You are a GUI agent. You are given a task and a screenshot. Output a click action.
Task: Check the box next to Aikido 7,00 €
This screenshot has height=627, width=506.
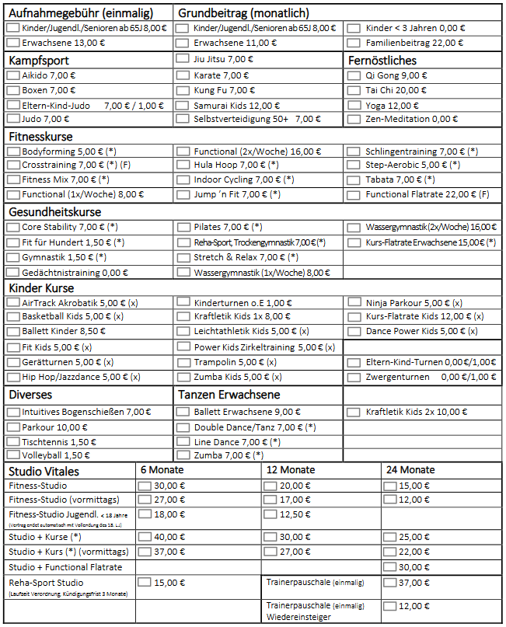point(13,75)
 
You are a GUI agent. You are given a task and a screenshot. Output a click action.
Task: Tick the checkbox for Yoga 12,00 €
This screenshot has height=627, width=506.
point(354,105)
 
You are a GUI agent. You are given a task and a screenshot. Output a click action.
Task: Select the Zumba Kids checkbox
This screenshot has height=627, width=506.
point(183,377)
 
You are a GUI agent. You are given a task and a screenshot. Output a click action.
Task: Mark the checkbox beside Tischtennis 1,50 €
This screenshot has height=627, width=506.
point(13,441)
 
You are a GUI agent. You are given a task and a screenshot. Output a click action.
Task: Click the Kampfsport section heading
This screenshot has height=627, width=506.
point(39,60)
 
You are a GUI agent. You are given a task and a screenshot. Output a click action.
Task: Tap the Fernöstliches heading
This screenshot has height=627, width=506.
point(382,60)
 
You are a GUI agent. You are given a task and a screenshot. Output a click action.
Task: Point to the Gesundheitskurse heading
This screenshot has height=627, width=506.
point(55,212)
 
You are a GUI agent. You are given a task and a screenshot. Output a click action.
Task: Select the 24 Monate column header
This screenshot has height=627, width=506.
point(410,470)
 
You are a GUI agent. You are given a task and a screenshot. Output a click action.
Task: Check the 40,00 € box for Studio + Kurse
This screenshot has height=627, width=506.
point(145,537)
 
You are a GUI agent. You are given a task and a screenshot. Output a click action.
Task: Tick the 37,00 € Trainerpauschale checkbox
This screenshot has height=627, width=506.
point(389,583)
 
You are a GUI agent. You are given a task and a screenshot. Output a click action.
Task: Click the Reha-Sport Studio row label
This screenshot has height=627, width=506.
point(46,583)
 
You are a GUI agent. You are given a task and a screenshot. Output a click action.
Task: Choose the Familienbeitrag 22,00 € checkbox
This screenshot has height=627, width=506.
point(354,43)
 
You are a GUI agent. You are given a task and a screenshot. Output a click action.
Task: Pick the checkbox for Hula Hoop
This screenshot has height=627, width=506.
point(183,165)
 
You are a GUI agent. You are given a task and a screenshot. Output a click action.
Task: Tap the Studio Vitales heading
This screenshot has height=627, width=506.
point(44,471)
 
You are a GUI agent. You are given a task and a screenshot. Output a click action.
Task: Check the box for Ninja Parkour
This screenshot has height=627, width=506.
point(354,302)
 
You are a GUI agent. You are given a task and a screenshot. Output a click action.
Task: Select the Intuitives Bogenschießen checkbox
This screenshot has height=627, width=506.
point(13,412)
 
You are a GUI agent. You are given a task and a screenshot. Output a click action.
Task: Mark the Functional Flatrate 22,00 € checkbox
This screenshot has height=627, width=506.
point(354,194)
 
